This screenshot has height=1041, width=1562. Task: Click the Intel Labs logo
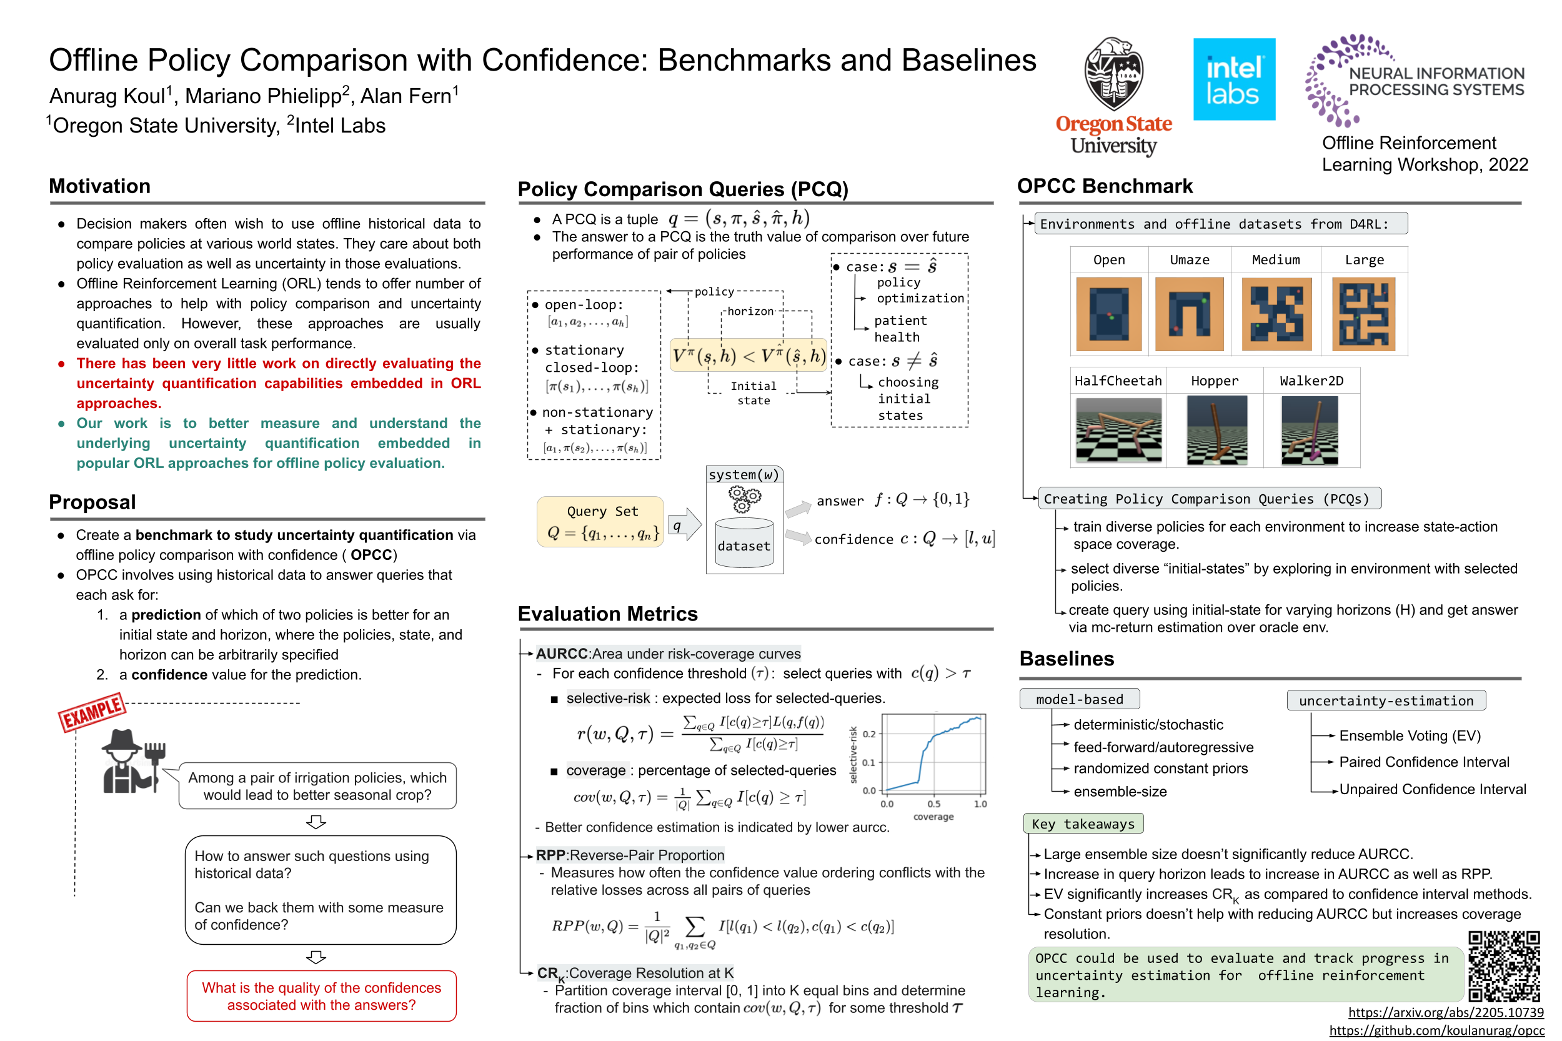(1233, 79)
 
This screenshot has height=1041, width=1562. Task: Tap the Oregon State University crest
(1113, 74)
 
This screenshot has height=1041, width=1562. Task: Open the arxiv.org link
(1445, 1012)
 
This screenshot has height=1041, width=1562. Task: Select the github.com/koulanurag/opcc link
(1436, 1030)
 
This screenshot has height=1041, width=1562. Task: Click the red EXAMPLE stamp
(92, 712)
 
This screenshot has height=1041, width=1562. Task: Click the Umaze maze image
(1189, 314)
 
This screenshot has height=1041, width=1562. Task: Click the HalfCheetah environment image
(1118, 429)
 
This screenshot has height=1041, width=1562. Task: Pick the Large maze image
(1363, 314)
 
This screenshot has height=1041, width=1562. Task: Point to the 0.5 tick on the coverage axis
(933, 804)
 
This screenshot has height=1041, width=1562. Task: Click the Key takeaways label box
(1083, 824)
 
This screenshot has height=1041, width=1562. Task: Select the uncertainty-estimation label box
(1385, 700)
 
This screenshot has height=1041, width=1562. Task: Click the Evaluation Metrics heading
(607, 614)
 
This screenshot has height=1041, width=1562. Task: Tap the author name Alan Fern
(406, 96)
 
